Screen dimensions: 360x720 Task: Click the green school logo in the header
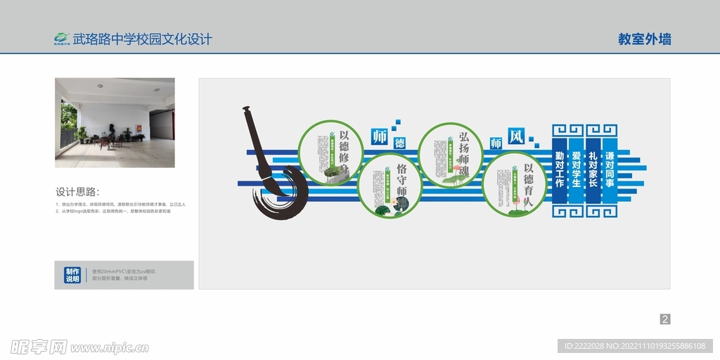point(62,39)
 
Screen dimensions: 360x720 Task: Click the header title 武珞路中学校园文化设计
point(142,39)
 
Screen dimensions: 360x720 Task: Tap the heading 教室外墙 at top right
point(644,39)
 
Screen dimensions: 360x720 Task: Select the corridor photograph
point(115,122)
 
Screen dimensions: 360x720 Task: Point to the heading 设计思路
point(77,192)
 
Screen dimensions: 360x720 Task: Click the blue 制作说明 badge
point(72,275)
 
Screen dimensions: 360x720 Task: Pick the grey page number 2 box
point(665,319)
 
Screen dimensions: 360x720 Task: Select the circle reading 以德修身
point(330,153)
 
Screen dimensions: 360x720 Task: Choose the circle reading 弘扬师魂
point(450,155)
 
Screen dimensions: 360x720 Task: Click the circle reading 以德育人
point(515,184)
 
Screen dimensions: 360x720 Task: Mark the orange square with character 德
point(399,143)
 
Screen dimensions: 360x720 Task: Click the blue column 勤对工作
point(560,169)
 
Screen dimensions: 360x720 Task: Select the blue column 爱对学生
point(577,169)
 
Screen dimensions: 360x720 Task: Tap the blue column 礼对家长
point(593,169)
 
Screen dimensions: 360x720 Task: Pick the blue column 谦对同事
point(610,169)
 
